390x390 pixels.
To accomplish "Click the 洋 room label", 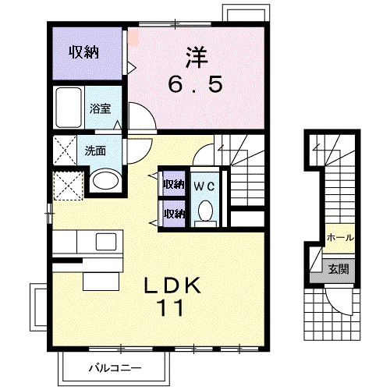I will (x=197, y=56).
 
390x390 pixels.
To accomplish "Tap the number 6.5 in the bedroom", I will (x=196, y=83).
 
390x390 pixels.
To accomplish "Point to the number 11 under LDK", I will (x=173, y=308).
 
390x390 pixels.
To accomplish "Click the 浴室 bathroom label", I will (x=98, y=110).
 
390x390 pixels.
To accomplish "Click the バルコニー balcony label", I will (x=114, y=367).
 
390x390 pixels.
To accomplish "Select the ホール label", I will (x=339, y=237).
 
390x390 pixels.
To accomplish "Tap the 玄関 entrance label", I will (x=339, y=270).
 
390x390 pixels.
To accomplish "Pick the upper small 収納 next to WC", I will (x=173, y=185).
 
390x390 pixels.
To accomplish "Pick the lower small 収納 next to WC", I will (x=173, y=212).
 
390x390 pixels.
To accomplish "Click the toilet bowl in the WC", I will (x=204, y=211).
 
